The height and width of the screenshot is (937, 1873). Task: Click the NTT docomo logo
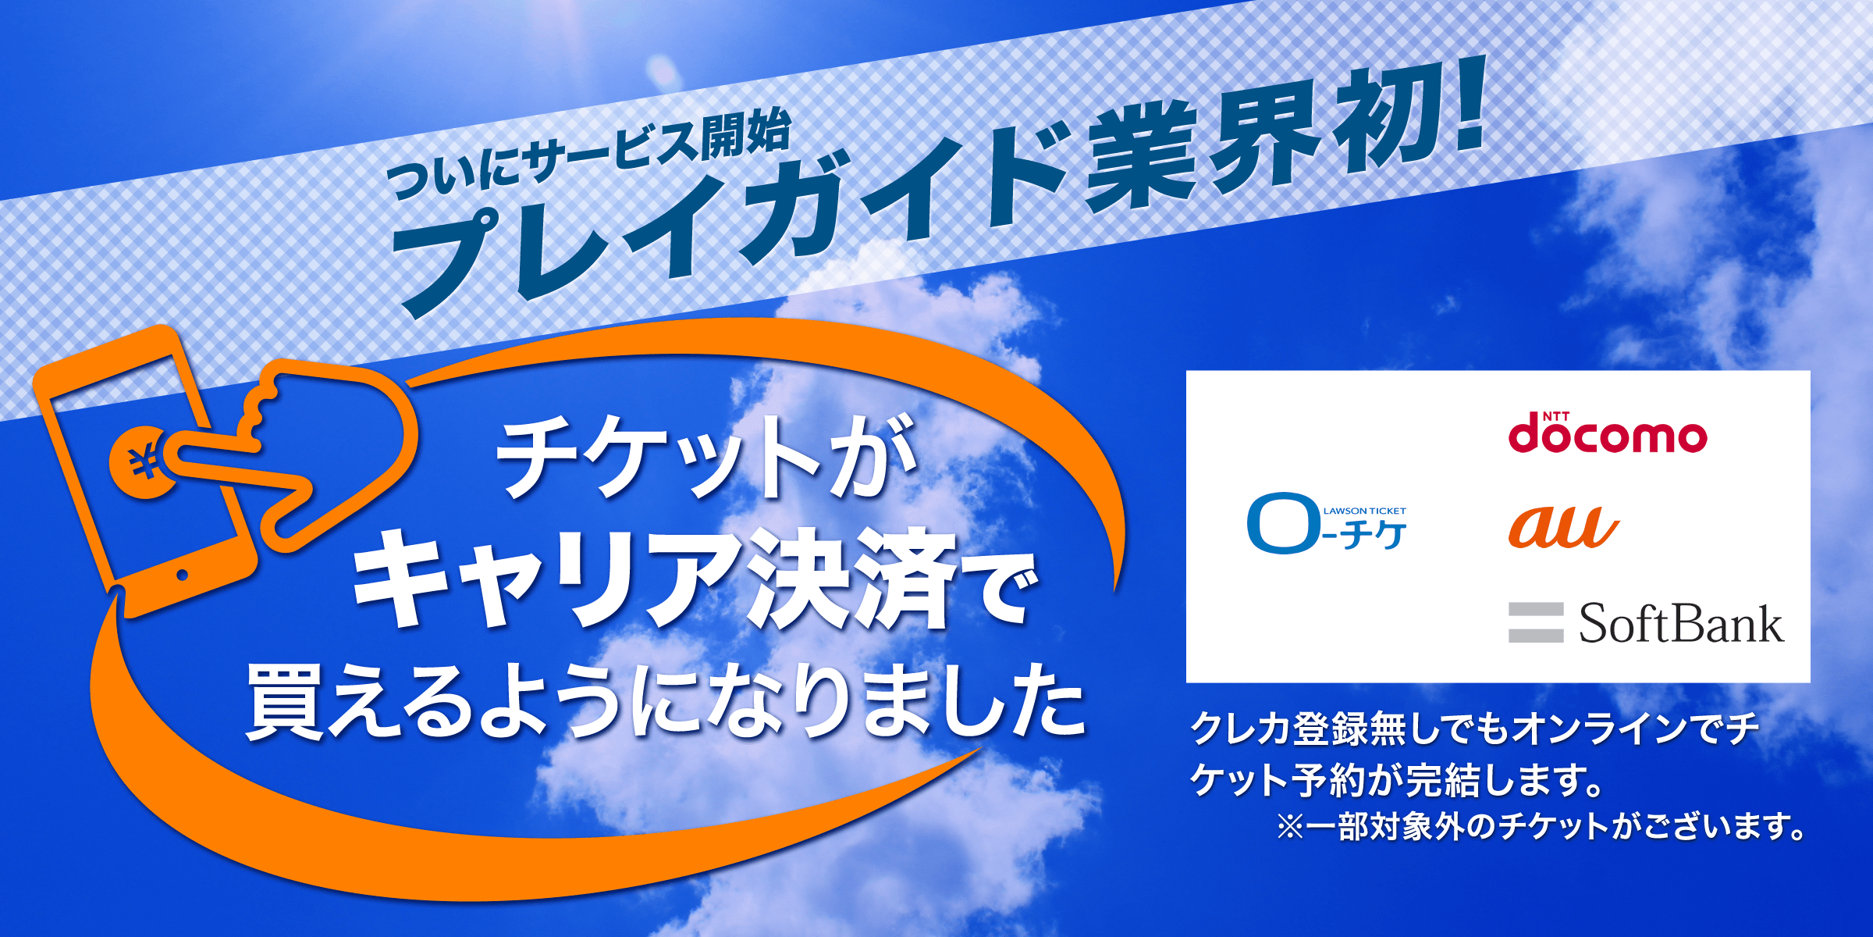[x=1608, y=433]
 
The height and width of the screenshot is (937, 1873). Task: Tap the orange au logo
[x=1563, y=527]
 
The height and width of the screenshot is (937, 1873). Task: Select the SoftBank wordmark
[x=1681, y=623]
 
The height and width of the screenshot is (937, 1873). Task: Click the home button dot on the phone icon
[x=183, y=575]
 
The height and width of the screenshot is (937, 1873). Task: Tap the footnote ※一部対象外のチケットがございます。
[x=1541, y=826]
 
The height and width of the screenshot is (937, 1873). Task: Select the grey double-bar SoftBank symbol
[x=1536, y=622]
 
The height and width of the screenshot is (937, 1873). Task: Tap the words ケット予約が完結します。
[x=1397, y=779]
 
